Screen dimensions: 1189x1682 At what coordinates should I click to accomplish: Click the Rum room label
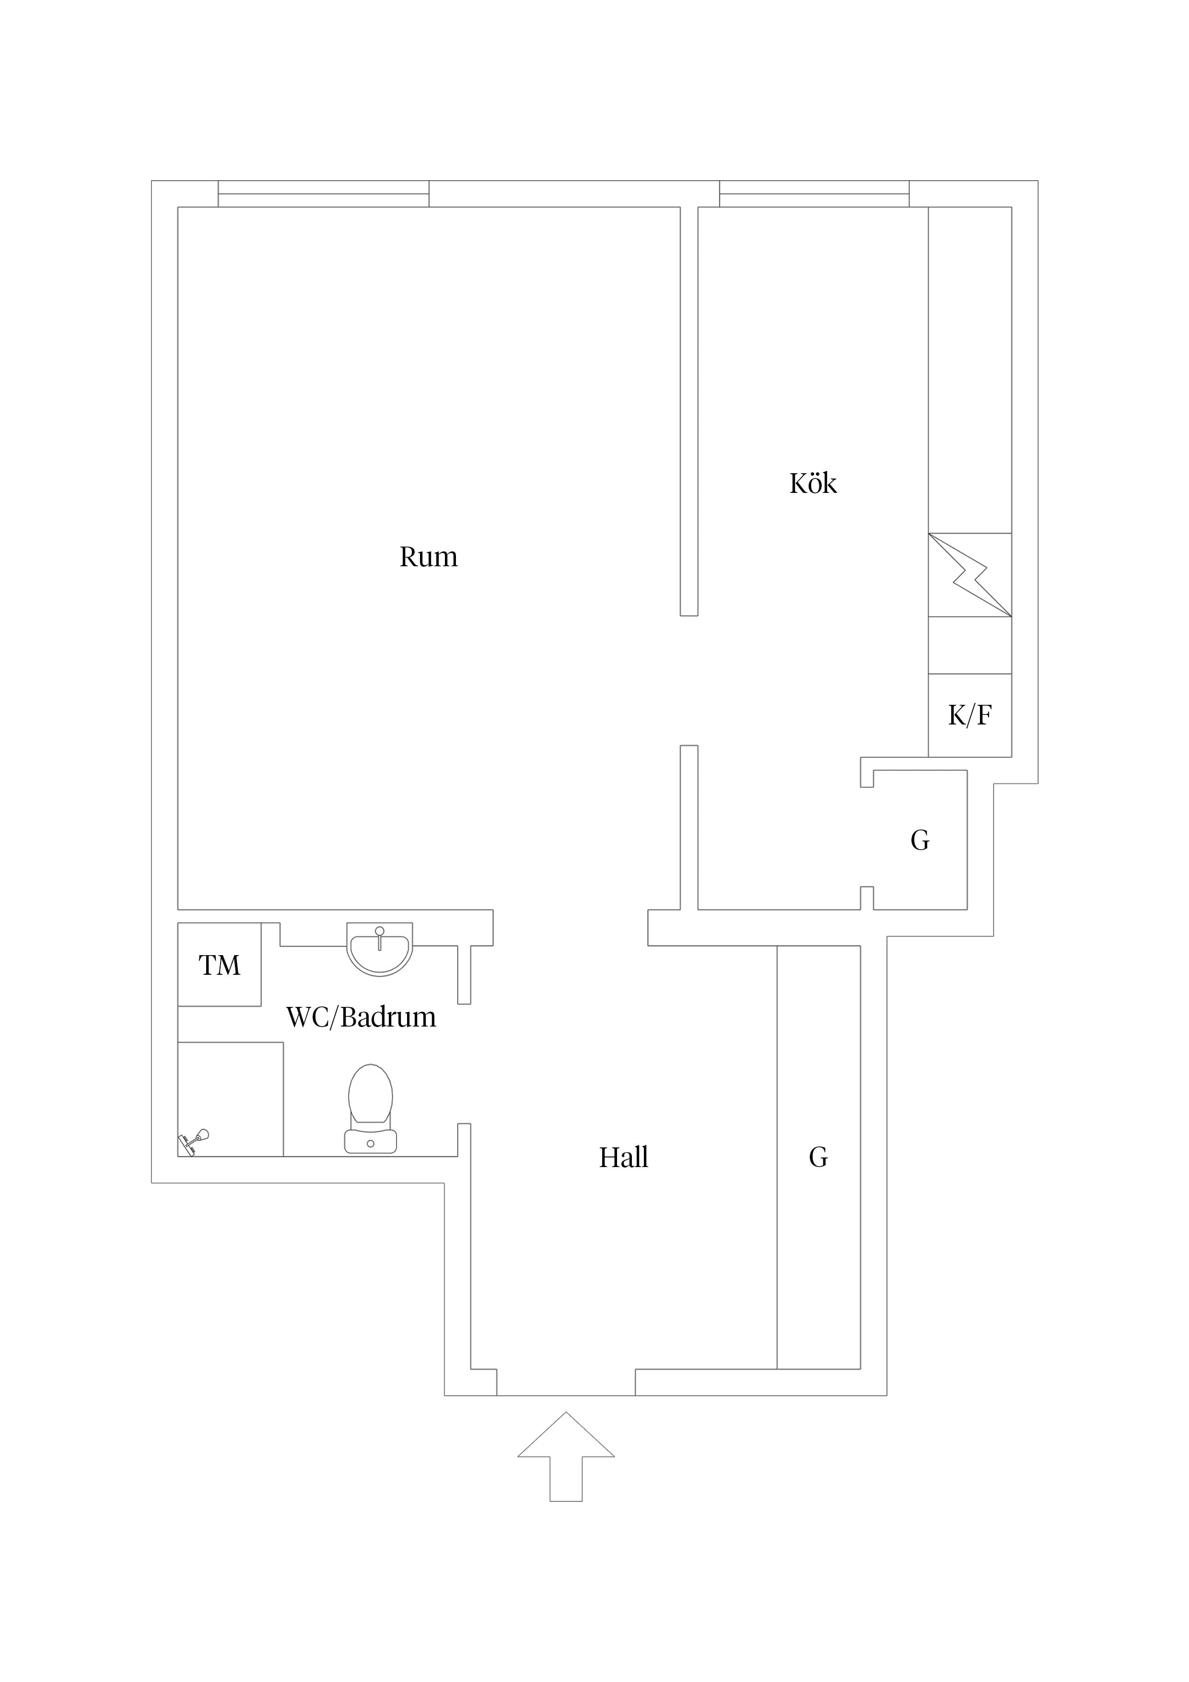pyautogui.click(x=429, y=558)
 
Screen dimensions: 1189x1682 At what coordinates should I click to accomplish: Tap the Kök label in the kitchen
pyautogui.click(x=813, y=483)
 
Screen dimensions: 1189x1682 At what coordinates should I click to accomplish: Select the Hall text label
pyautogui.click(x=623, y=1157)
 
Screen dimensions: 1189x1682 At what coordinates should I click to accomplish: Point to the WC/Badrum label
pyautogui.click(x=361, y=1017)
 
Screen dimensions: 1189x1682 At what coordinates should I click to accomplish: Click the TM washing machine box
pyautogui.click(x=219, y=964)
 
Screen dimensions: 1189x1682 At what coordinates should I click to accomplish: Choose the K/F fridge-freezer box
pyautogui.click(x=970, y=715)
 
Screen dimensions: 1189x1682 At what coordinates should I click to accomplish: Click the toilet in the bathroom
pyautogui.click(x=371, y=1109)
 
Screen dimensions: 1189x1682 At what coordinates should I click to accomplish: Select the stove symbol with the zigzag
pyautogui.click(x=970, y=575)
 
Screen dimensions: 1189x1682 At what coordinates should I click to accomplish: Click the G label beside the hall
pyautogui.click(x=818, y=1157)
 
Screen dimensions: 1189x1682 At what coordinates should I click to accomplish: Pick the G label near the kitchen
pyautogui.click(x=920, y=840)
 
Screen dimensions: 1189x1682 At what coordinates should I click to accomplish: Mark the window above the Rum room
pyautogui.click(x=324, y=193)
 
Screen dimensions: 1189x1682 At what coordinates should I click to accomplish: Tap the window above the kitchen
pyautogui.click(x=814, y=193)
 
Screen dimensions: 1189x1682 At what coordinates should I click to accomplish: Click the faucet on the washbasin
pyautogui.click(x=380, y=938)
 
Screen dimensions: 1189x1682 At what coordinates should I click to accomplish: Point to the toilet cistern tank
pyautogui.click(x=371, y=1141)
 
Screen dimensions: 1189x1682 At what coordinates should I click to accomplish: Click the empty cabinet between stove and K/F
pyautogui.click(x=970, y=645)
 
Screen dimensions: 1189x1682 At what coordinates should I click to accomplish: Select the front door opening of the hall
pyautogui.click(x=566, y=1382)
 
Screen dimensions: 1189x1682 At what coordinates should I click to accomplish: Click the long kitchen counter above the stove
pyautogui.click(x=970, y=370)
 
